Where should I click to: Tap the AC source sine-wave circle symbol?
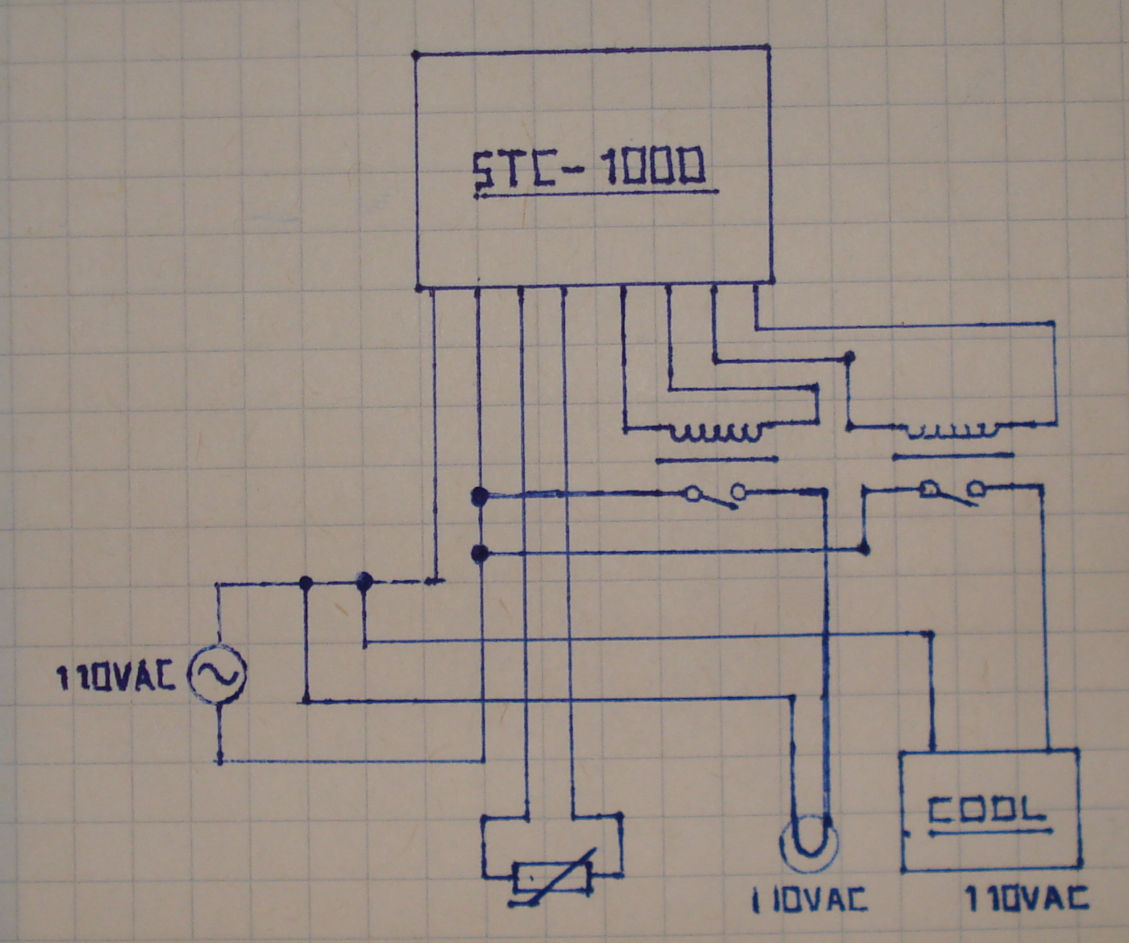pyautogui.click(x=217, y=673)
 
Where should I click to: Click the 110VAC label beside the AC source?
pyautogui.click(x=115, y=677)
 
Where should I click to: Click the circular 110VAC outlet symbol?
pyautogui.click(x=809, y=843)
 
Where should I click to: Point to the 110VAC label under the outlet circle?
pyautogui.click(x=810, y=901)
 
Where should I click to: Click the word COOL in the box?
pyautogui.click(x=986, y=810)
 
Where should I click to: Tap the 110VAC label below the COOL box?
pyautogui.click(x=1026, y=899)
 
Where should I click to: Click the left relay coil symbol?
pyautogui.click(x=716, y=434)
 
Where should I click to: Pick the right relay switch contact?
pyautogui.click(x=952, y=492)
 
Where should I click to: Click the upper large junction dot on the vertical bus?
pyautogui.click(x=479, y=496)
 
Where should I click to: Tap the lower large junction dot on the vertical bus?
pyautogui.click(x=479, y=554)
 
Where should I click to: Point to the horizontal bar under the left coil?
pyautogui.click(x=716, y=460)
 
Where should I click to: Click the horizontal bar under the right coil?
pyautogui.click(x=952, y=456)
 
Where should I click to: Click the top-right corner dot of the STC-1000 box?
pyautogui.click(x=768, y=47)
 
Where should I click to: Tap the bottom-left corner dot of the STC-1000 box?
pyautogui.click(x=419, y=286)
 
